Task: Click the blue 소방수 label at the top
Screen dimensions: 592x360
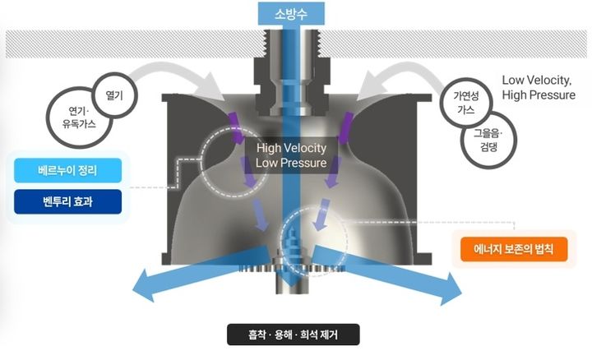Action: [291, 14]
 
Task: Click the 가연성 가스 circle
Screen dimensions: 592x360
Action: [466, 102]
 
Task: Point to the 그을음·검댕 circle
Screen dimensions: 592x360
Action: [488, 140]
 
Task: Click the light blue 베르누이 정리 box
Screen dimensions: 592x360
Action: [67, 171]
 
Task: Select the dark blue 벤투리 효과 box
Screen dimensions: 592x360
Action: [67, 202]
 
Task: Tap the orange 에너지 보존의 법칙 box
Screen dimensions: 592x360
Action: [514, 249]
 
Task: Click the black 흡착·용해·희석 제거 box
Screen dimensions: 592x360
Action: [294, 335]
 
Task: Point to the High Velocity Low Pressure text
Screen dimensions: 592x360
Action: [291, 155]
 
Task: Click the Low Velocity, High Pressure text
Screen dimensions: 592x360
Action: [539, 87]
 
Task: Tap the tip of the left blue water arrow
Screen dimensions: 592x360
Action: [133, 290]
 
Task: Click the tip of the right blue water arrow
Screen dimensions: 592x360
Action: [461, 293]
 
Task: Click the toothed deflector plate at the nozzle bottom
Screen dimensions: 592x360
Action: [291, 267]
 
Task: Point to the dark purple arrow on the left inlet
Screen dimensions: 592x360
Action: [237, 127]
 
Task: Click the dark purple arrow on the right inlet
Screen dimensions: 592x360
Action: [345, 127]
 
